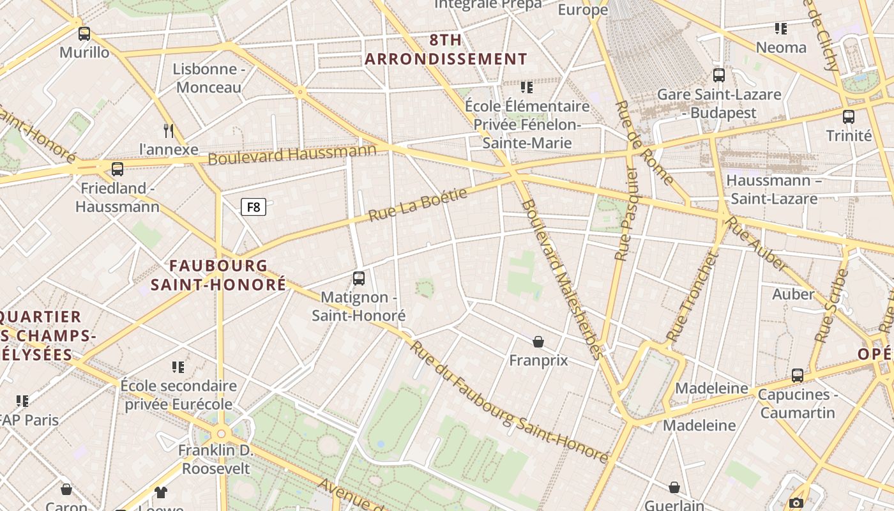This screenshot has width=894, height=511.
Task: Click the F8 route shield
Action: (x=254, y=207)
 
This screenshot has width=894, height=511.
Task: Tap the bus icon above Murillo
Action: (x=84, y=34)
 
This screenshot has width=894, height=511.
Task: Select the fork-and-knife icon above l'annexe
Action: (x=169, y=131)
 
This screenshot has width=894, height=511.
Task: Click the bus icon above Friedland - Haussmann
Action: (x=117, y=169)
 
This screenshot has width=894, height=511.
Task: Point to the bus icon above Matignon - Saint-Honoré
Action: (x=359, y=278)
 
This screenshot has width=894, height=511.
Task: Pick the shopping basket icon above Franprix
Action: (x=538, y=342)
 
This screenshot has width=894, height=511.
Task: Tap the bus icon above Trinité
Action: (x=849, y=117)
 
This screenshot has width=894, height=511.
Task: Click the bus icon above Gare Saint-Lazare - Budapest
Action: (x=719, y=75)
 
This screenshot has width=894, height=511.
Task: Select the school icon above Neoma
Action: (x=781, y=29)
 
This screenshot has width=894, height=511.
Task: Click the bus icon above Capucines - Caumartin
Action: (x=798, y=376)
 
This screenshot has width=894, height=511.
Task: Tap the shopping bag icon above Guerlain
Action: (x=674, y=488)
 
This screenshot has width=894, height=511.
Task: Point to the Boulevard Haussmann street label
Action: (x=292, y=154)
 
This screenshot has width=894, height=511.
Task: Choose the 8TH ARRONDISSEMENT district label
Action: (x=446, y=49)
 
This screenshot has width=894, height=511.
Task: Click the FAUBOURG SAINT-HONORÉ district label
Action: (x=218, y=275)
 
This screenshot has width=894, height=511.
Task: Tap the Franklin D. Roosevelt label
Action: (x=216, y=459)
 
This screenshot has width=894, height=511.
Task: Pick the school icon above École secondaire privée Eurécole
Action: (x=178, y=367)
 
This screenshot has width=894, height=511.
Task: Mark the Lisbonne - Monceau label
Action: (x=209, y=78)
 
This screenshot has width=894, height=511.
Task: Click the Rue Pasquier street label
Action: (x=626, y=214)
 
